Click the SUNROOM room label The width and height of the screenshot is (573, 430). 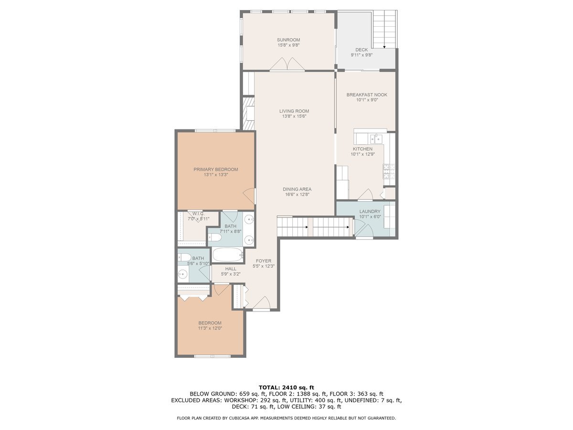click(288, 40)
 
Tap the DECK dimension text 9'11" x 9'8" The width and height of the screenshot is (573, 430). click(361, 55)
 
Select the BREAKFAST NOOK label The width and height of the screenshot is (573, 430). click(367, 95)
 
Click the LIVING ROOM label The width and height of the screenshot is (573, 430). click(294, 111)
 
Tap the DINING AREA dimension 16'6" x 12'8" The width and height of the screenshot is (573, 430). click(298, 194)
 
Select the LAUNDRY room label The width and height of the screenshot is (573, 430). click(370, 211)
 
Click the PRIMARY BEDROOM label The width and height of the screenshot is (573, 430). click(215, 169)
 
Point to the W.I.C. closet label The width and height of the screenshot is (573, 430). click(198, 214)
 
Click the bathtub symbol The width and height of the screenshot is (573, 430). click(228, 255)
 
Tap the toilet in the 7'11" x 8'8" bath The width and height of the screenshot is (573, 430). click(214, 237)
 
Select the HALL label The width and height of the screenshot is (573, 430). click(231, 269)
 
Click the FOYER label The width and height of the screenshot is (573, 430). click(263, 261)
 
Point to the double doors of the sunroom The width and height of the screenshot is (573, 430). click(286, 65)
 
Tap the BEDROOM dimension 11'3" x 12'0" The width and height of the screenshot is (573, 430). click(210, 328)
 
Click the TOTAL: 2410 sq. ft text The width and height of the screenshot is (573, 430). click(286, 387)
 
